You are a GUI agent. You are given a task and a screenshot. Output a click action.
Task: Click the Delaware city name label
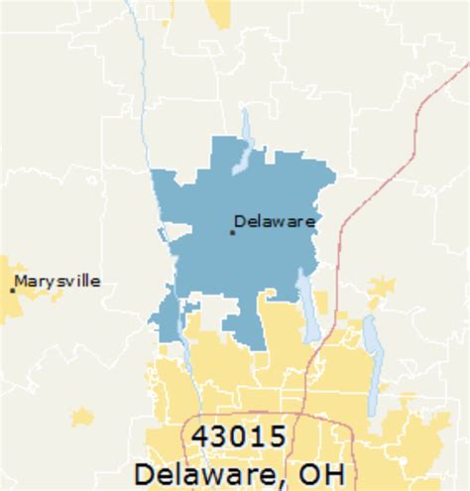(275, 221)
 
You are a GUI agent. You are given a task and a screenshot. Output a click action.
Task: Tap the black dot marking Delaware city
(232, 232)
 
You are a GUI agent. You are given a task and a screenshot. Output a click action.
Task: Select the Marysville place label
(59, 282)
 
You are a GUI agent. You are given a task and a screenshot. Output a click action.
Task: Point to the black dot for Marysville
(12, 290)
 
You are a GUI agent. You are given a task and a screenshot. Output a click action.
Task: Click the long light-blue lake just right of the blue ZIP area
(308, 307)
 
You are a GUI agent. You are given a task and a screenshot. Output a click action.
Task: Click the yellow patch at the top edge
(218, 12)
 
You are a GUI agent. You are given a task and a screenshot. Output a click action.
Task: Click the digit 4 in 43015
(192, 436)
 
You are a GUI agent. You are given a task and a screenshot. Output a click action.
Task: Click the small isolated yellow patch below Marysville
(82, 417)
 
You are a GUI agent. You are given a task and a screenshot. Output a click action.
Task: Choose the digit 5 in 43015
(281, 436)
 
